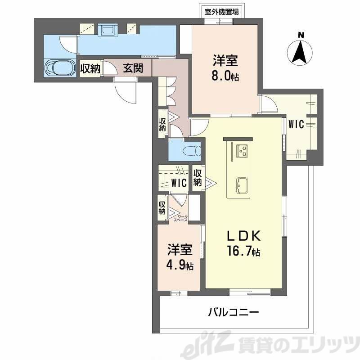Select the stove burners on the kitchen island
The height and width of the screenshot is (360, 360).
pos(242,150)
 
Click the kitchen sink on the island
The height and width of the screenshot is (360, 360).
pos(242,184)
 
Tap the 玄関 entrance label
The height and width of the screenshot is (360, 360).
pos(134,68)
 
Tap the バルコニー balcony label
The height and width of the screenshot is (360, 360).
pos(234,311)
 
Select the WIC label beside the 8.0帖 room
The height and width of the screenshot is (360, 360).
pos(296,125)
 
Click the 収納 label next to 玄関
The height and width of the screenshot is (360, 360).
pos(90,68)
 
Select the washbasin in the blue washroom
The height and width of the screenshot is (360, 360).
pos(108,31)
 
